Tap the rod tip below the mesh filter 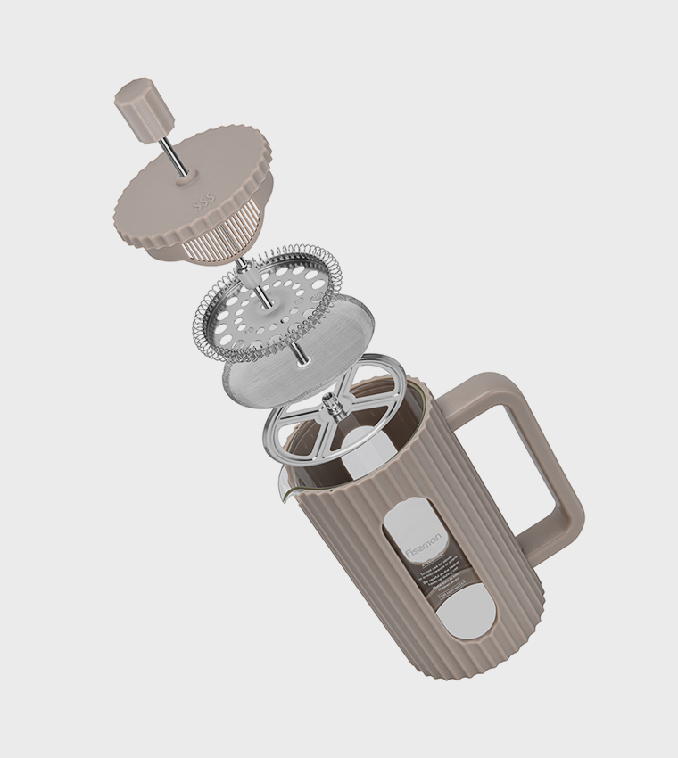299,354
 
